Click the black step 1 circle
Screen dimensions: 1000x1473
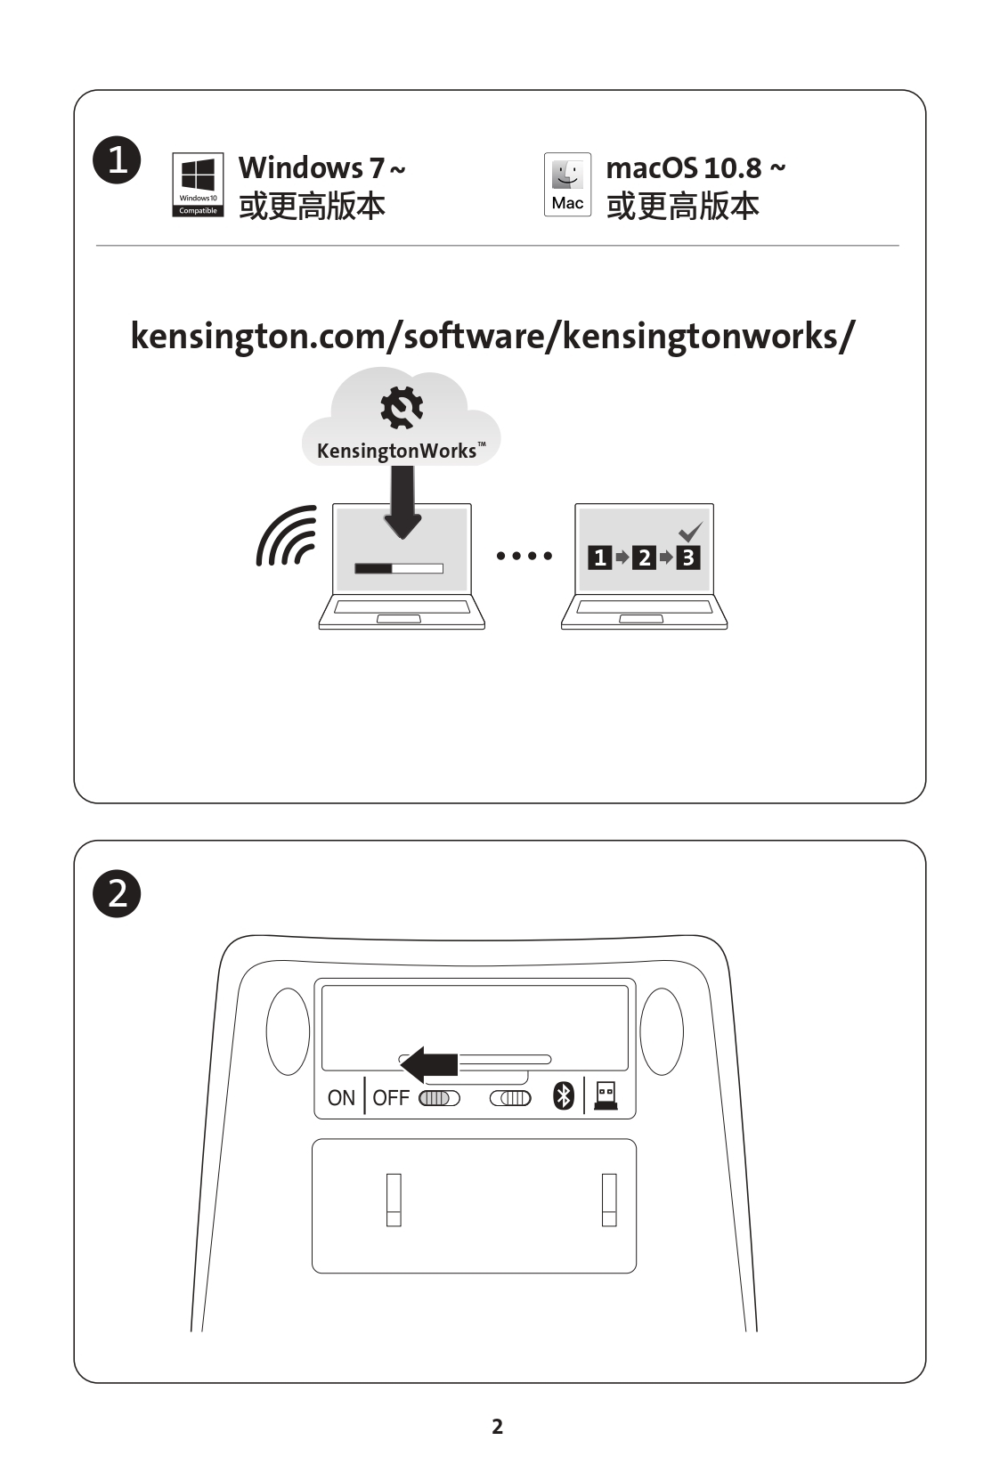117,159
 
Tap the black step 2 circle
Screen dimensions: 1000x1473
117,893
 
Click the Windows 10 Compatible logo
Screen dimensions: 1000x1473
198,184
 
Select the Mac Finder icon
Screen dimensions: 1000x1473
568,184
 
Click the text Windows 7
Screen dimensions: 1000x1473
311,167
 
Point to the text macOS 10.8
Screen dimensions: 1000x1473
684,168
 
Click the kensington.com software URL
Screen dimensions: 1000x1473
493,337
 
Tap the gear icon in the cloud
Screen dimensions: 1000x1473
402,408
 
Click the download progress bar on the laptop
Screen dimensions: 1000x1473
399,568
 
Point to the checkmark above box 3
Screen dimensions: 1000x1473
691,532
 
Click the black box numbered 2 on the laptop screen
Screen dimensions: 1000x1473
645,557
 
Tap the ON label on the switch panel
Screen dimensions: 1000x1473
341,1097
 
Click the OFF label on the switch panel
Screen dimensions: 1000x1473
391,1097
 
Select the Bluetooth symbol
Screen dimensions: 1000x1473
564,1096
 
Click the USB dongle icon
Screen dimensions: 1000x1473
606,1095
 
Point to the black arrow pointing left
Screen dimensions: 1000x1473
428,1064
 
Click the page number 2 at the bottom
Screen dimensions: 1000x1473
498,1427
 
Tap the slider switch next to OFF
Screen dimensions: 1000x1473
439,1098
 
